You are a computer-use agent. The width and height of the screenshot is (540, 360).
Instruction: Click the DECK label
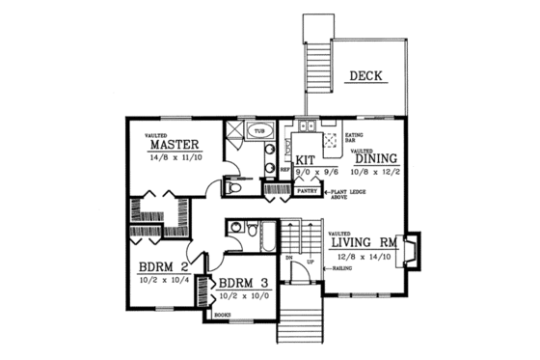[x=367, y=75]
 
